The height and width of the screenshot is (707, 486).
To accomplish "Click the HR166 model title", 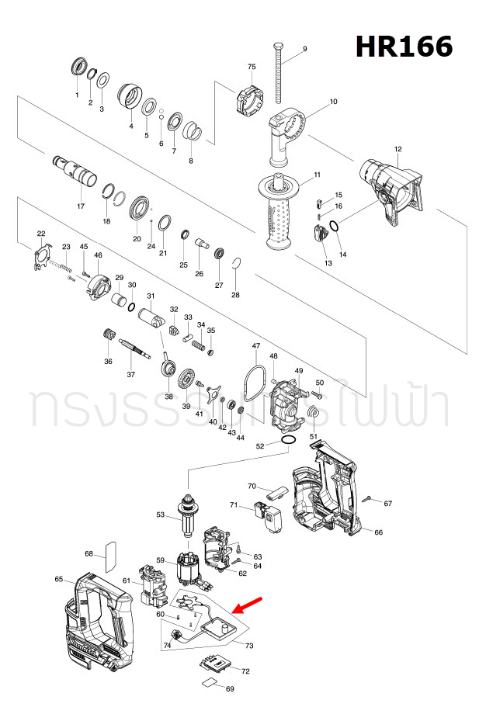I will tap(404, 47).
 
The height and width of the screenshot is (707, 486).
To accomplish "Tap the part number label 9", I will tap(304, 49).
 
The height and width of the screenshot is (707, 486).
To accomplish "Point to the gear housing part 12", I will tap(391, 190).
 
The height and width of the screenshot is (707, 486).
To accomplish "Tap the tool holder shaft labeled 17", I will tap(78, 172).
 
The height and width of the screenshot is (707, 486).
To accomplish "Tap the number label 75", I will tap(251, 67).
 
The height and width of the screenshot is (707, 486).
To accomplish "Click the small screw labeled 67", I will tap(369, 499).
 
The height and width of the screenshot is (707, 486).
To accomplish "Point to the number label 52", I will tap(260, 446).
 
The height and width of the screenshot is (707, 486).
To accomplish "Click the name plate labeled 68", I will tap(109, 553).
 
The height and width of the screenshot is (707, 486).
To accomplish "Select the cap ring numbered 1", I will tap(77, 67).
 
